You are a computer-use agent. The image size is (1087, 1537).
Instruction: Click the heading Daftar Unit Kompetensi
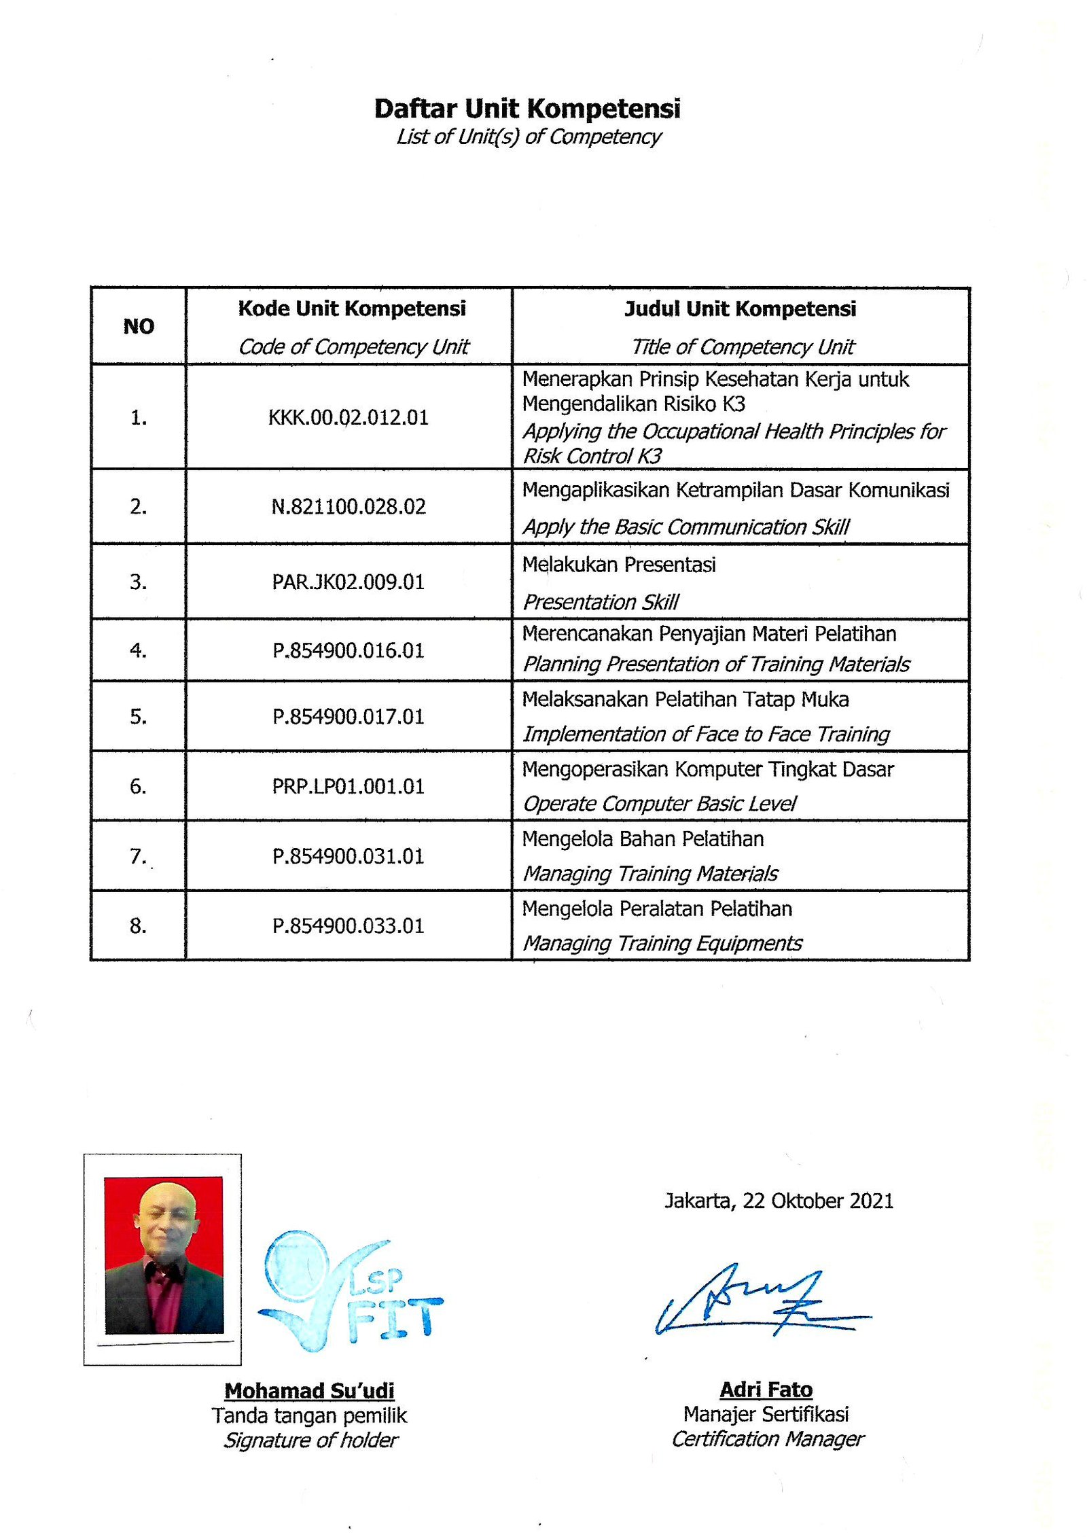(527, 109)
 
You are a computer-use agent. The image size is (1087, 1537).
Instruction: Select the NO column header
(139, 326)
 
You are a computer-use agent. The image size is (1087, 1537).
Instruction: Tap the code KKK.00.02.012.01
(349, 417)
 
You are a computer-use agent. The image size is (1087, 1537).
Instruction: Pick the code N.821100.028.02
(349, 506)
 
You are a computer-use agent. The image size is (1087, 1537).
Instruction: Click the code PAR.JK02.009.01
(349, 582)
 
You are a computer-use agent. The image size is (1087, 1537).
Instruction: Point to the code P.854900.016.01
(349, 650)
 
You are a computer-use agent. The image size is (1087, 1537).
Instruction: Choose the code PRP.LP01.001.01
(349, 786)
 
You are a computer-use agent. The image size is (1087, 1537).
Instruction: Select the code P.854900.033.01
(349, 925)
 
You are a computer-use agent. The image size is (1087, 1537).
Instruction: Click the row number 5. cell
(138, 716)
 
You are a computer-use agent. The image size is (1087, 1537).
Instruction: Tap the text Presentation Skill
(601, 602)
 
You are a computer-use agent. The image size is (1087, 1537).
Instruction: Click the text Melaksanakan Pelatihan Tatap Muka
(685, 699)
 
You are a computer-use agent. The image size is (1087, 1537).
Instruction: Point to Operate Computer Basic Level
(659, 804)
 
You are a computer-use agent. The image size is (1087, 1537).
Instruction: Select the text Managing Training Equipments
(662, 943)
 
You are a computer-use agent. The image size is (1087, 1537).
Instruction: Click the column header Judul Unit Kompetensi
(741, 309)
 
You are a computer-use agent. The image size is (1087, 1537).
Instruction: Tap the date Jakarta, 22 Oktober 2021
(779, 1201)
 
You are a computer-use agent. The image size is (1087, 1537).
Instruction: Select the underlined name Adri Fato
(766, 1390)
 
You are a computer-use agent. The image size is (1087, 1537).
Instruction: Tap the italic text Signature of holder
(311, 1440)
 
